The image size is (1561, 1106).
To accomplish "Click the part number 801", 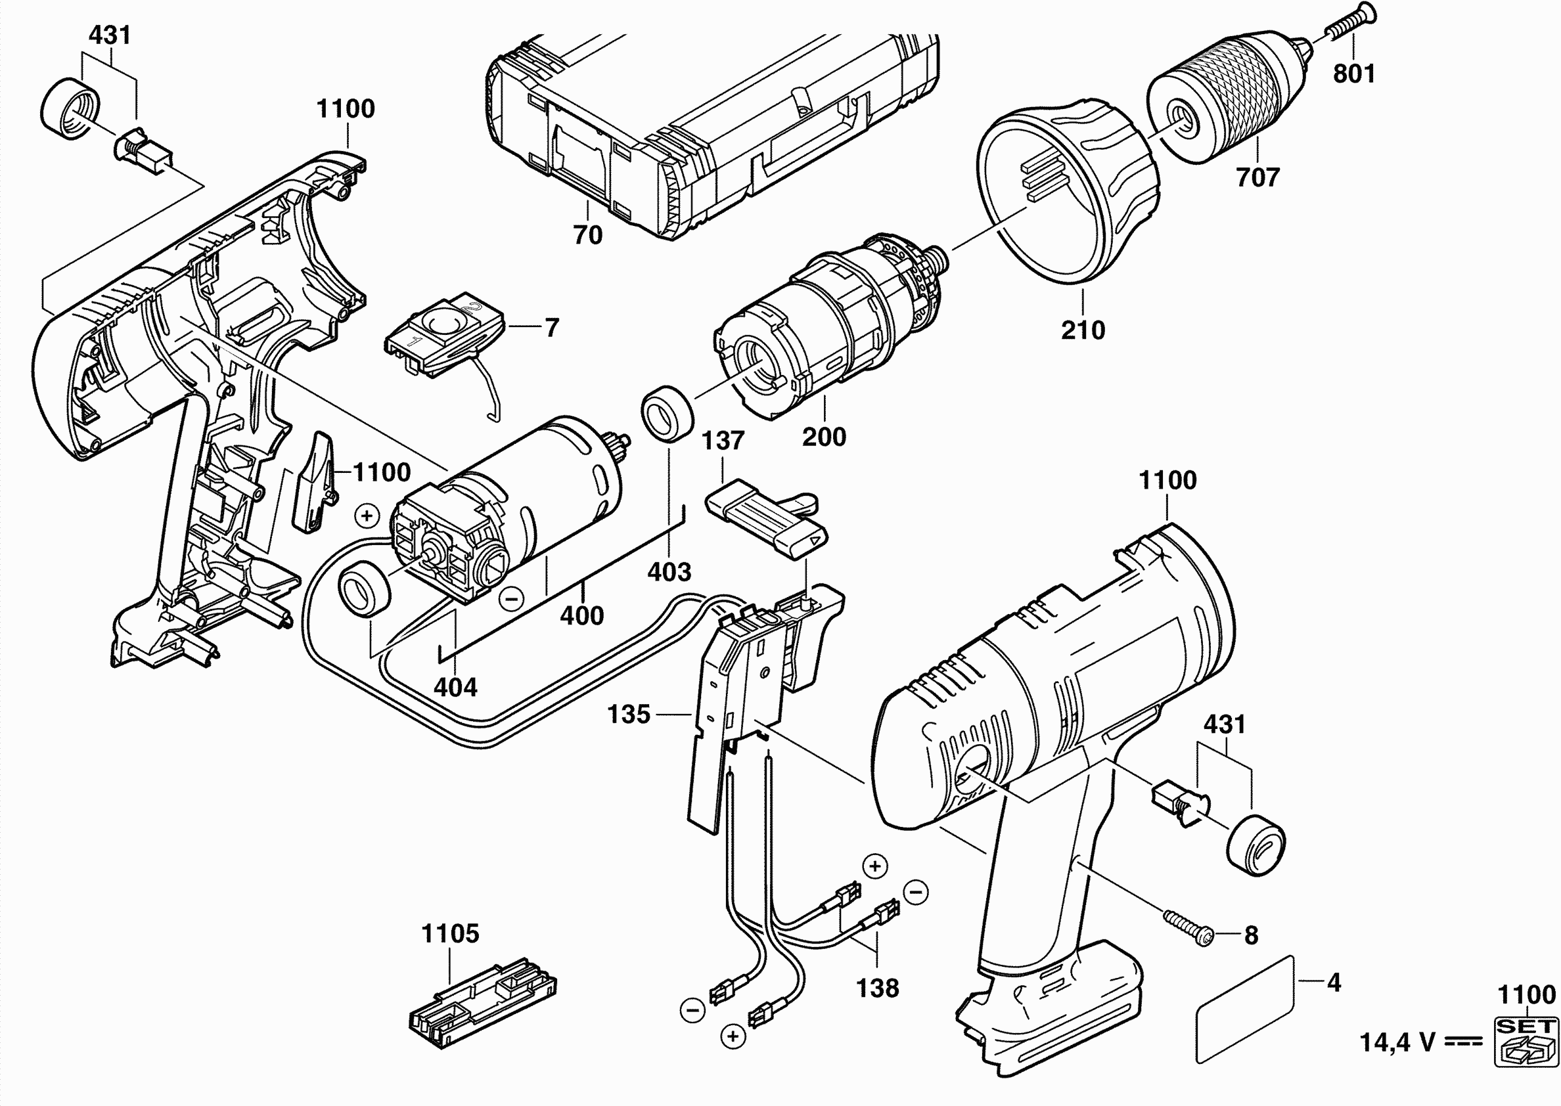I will coord(1353,74).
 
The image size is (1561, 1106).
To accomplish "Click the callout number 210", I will coord(1083,330).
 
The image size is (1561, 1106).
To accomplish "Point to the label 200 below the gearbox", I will coord(824,437).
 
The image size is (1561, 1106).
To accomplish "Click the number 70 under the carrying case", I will coord(588,235).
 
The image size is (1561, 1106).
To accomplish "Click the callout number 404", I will coord(455,687).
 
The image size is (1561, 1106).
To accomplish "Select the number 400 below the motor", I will coord(581,615).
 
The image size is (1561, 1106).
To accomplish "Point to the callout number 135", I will coord(629,715).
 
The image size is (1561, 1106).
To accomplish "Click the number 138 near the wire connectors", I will coord(877,988).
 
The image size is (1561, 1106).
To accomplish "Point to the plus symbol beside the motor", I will coord(367,516).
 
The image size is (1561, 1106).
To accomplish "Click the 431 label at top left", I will coord(110,35).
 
